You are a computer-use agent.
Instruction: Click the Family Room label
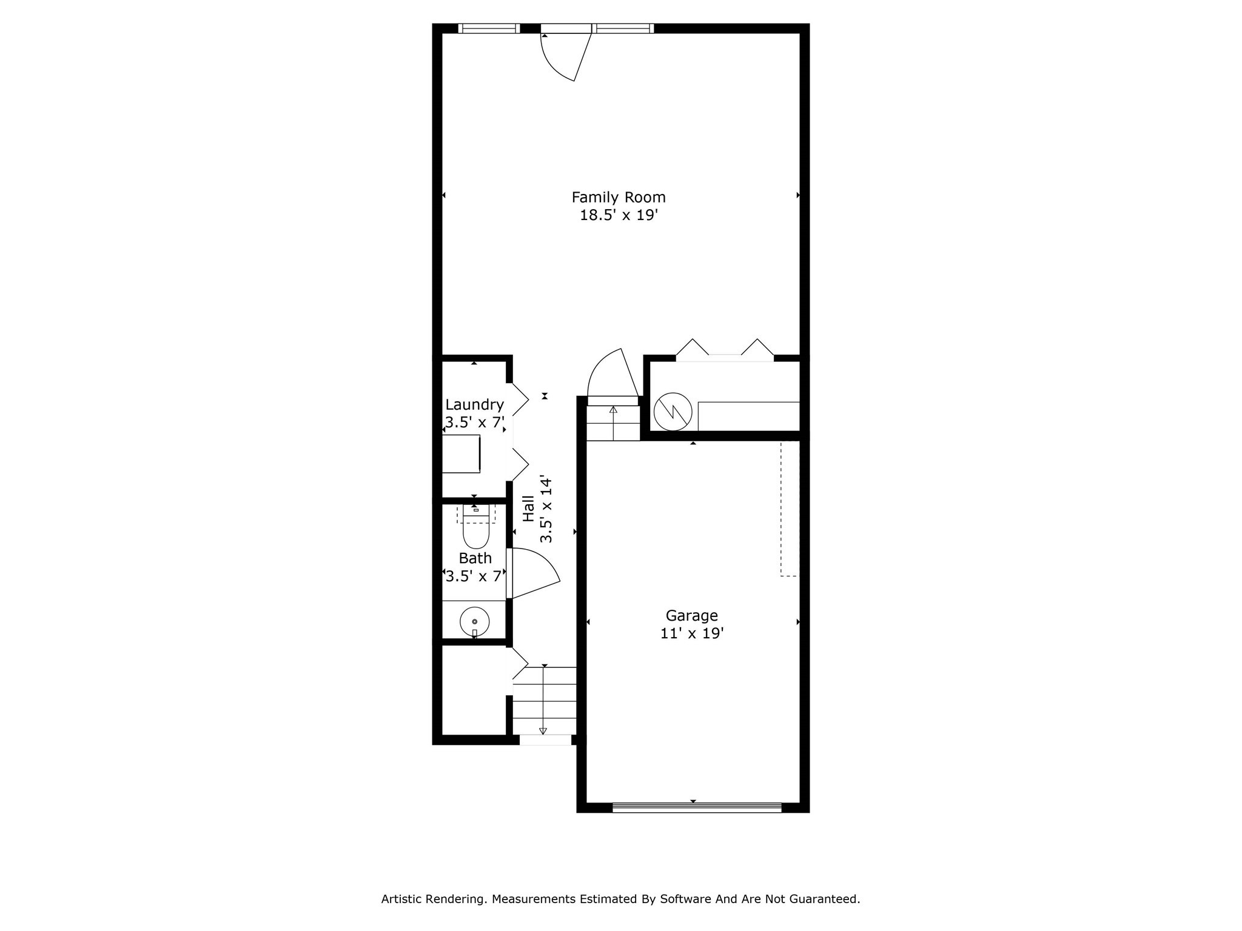click(x=618, y=197)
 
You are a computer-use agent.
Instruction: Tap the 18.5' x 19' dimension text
click(x=619, y=215)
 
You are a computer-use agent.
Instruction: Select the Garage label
click(x=691, y=615)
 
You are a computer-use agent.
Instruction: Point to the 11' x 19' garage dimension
click(x=691, y=633)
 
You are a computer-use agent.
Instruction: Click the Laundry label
click(x=474, y=404)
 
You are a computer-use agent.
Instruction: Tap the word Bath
click(x=475, y=558)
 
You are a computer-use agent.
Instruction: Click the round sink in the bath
click(x=474, y=621)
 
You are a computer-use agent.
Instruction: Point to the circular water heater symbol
click(x=673, y=412)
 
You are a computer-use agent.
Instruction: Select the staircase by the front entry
click(x=544, y=700)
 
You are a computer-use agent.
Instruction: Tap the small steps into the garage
click(x=613, y=422)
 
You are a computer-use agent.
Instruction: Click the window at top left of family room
click(x=489, y=28)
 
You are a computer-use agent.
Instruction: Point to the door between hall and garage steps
click(x=613, y=376)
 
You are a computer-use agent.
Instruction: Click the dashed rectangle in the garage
click(x=788, y=509)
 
